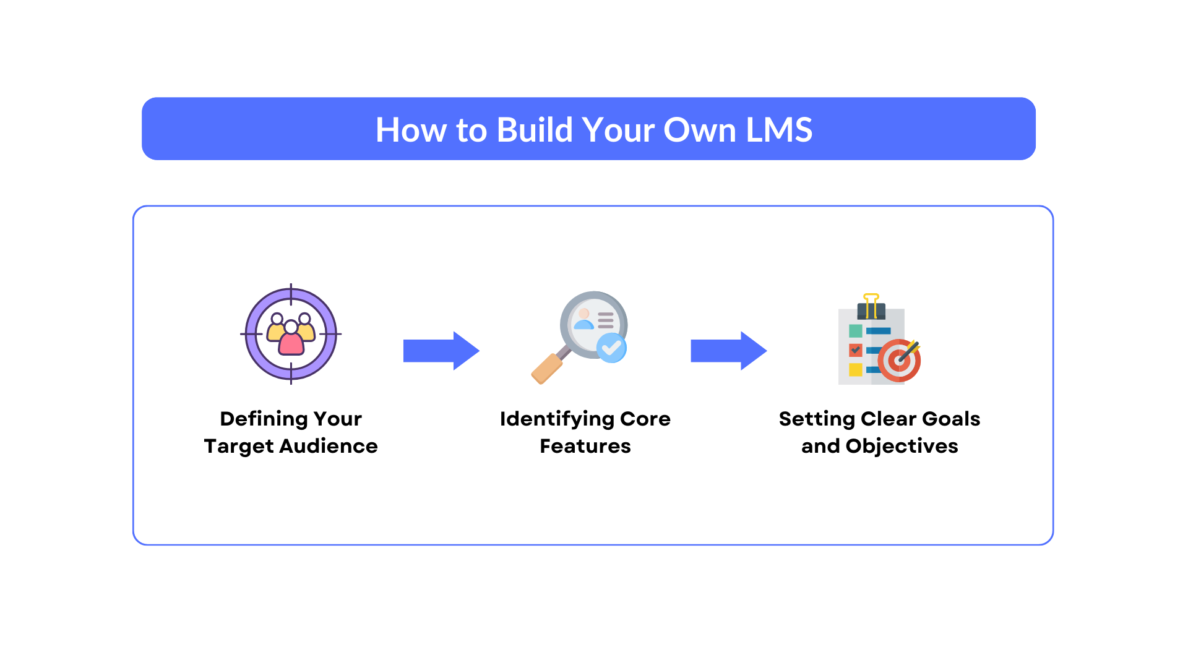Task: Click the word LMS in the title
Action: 779,130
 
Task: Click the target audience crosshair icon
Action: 291,334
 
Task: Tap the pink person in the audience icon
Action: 291,339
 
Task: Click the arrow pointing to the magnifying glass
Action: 441,351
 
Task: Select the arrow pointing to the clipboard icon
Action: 729,351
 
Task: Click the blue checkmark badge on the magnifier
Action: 611,348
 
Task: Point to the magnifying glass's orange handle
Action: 547,369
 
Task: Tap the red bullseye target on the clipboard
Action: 899,361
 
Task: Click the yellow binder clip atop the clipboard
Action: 871,306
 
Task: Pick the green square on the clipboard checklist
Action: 856,331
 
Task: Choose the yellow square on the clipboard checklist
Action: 856,370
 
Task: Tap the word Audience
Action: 329,446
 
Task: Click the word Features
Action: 585,446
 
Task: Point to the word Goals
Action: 951,419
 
